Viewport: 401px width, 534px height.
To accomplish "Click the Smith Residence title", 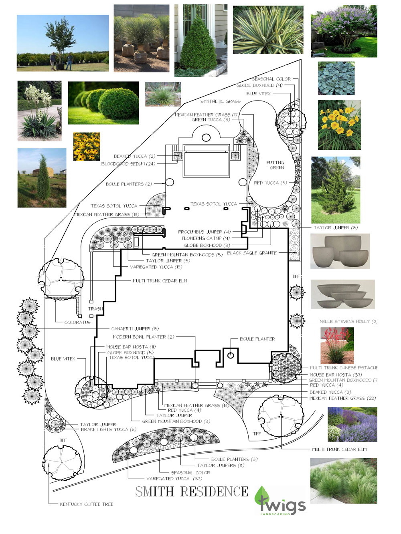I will tap(192, 491).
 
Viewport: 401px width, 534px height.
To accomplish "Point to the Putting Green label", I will tap(275, 165).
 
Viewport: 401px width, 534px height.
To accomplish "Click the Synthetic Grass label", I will tap(220, 101).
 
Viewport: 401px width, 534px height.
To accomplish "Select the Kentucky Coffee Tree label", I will tap(86, 504).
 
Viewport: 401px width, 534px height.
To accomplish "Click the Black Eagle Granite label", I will tap(252, 253).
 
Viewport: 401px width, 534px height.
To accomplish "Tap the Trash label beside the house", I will tap(96, 309).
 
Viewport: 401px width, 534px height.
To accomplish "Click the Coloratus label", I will tap(77, 322).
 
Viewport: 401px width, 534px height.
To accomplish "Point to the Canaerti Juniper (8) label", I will tap(135, 328).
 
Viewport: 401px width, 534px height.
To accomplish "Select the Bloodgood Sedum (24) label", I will tap(128, 164).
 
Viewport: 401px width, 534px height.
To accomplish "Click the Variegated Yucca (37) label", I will tap(174, 478).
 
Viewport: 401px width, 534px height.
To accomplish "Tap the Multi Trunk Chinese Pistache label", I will tap(343, 367).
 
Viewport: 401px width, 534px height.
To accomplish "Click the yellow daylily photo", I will tap(339, 125).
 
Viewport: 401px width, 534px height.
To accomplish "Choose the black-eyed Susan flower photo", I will tap(87, 147).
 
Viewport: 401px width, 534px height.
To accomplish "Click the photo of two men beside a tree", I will tap(63, 43).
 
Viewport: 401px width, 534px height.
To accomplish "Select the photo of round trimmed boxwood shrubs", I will tap(103, 103).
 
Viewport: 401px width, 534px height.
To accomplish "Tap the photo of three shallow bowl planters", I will tap(342, 294).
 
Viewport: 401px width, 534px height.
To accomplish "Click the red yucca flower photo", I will tap(337, 345).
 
